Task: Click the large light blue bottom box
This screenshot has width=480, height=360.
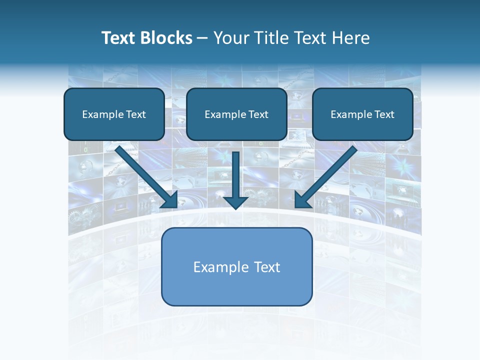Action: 236,287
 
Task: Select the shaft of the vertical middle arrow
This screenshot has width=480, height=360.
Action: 235,172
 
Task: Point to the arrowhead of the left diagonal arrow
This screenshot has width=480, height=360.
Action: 170,200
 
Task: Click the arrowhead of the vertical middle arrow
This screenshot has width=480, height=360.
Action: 235,201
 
